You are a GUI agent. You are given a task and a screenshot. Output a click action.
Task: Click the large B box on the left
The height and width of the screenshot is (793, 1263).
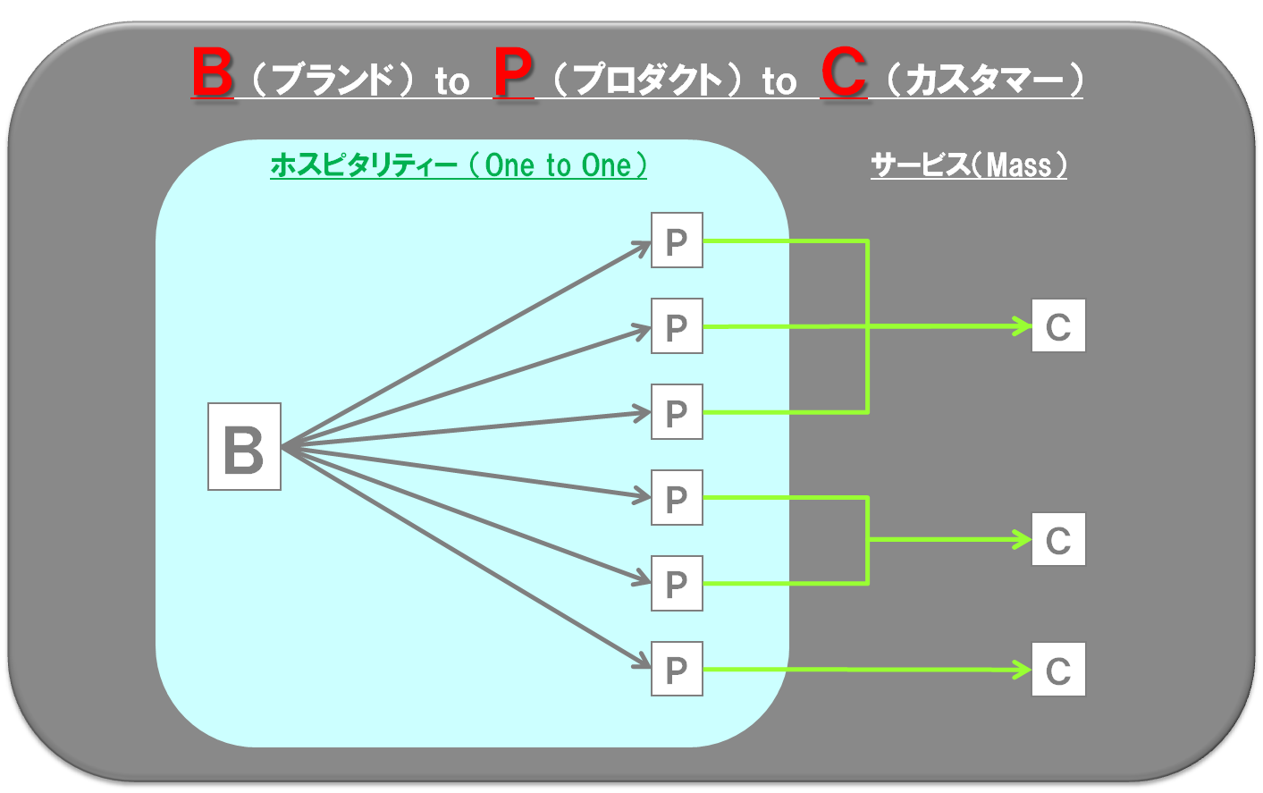coord(244,446)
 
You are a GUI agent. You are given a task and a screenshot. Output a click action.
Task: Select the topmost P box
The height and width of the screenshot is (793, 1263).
coord(677,240)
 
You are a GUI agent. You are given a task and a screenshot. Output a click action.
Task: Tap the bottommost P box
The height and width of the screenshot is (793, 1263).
coord(677,669)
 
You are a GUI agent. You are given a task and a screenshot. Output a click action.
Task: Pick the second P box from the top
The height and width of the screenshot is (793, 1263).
coord(677,326)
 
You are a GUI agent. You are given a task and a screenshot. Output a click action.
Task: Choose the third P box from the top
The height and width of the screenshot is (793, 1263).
coord(677,412)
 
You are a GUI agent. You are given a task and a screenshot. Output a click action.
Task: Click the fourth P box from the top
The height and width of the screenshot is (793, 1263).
coord(677,497)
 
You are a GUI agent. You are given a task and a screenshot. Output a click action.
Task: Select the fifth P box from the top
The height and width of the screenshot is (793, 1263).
coord(677,583)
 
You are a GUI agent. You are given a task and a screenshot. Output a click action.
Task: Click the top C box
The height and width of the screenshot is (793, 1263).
coord(1058,325)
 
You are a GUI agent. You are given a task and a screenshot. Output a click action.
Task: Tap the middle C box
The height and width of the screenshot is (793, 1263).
coord(1058,539)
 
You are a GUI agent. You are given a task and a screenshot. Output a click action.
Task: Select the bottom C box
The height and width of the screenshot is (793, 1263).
coord(1058,669)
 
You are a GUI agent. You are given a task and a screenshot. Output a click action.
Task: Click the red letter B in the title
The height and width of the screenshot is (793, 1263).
coord(212,72)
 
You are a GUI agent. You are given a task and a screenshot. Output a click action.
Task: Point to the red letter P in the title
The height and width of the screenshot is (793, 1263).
coord(513,72)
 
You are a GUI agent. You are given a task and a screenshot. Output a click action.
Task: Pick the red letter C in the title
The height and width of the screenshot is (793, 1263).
coord(844,72)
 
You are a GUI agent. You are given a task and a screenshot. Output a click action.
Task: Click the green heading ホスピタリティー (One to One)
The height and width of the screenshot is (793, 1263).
coord(459,165)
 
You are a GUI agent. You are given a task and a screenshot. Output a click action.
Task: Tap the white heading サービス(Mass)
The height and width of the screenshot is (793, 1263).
coord(969,165)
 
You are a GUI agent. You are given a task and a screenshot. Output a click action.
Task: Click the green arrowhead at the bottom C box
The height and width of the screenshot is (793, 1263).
coord(1023,670)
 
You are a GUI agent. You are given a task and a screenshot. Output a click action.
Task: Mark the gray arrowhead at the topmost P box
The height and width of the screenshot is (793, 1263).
coord(642,247)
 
